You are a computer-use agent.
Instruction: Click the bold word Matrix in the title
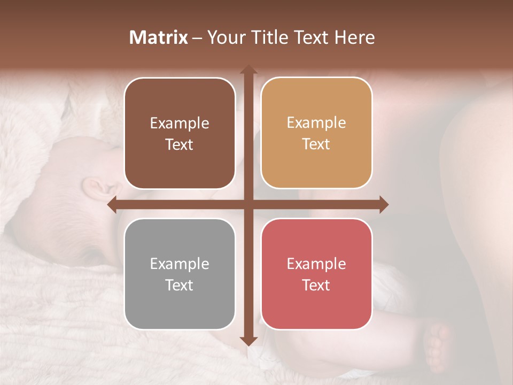tap(159, 37)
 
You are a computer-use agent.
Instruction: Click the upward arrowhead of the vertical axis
tap(248, 70)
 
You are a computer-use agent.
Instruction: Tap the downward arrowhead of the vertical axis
tap(248, 341)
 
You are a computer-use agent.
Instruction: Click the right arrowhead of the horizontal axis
tap(383, 205)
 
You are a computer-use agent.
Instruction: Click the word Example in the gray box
tap(180, 264)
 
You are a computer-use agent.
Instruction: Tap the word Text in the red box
tap(316, 285)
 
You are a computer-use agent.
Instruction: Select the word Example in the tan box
tap(316, 123)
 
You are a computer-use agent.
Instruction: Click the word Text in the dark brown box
tap(180, 145)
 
